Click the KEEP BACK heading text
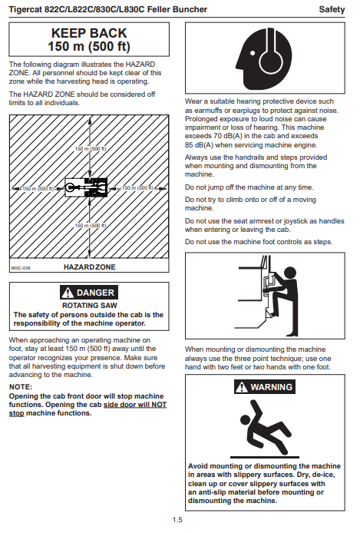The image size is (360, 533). point(89,33)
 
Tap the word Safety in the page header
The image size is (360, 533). point(332,9)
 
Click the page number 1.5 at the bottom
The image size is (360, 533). point(177,520)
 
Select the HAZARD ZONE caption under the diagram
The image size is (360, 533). point(90,267)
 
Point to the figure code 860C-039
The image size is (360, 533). point(21,268)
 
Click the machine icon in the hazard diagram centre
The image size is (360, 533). point(86,187)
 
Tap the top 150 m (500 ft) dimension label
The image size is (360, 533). point(91,149)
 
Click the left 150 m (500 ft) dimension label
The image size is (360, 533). point(38,189)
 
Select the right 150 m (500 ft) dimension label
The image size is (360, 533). point(137,188)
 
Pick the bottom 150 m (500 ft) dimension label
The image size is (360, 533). point(91,226)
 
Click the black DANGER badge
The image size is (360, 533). point(89,293)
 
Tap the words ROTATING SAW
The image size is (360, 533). point(90,306)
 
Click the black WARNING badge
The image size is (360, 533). point(265,387)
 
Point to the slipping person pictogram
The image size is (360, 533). point(265,429)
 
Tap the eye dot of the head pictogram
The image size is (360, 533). point(253,53)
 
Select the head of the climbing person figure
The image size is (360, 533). point(290,273)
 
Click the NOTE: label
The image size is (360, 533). point(21,387)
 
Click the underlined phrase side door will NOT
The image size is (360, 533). point(135,405)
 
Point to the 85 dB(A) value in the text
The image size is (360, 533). point(199,145)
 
